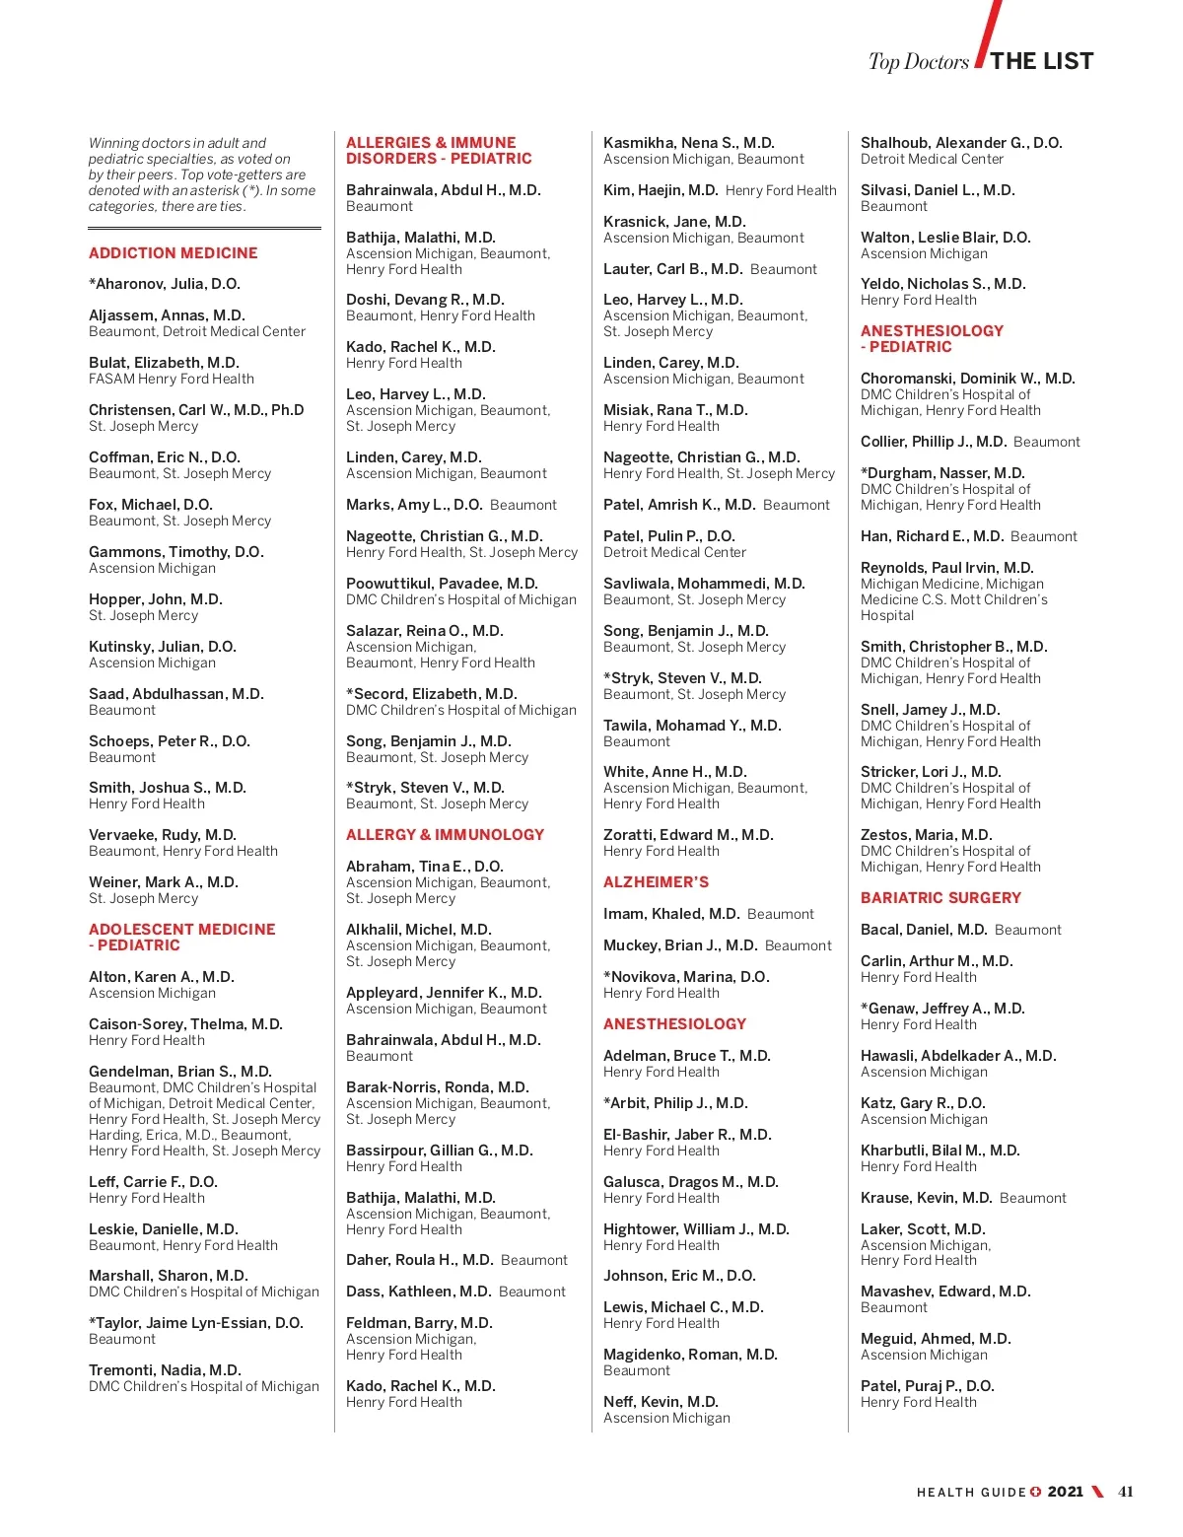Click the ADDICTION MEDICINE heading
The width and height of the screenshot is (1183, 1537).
pyautogui.click(x=174, y=253)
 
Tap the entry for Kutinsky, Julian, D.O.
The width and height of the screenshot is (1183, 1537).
pyautogui.click(x=163, y=647)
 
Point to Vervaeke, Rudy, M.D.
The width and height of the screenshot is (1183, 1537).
pyautogui.click(x=163, y=835)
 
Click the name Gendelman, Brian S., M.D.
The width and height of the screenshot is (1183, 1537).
pyautogui.click(x=180, y=1072)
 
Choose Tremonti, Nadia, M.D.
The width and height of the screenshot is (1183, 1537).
pyautogui.click(x=165, y=1370)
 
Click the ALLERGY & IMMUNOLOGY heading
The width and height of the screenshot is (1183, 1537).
pyautogui.click(x=445, y=835)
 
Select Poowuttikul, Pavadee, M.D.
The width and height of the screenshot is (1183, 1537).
pyautogui.click(x=442, y=584)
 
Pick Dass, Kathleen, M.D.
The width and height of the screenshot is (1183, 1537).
pyautogui.click(x=418, y=1292)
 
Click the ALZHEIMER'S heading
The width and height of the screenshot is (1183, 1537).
pyautogui.click(x=656, y=882)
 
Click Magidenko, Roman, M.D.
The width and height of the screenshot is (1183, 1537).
pyautogui.click(x=690, y=1355)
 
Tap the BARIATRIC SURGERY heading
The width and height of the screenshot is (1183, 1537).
pyautogui.click(x=940, y=898)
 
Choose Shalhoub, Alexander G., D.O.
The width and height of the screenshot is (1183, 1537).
pyautogui.click(x=961, y=143)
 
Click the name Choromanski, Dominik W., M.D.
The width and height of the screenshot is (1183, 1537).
pyautogui.click(x=968, y=379)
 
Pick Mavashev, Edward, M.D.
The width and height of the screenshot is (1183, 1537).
pyautogui.click(x=945, y=1292)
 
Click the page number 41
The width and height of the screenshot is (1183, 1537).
pyautogui.click(x=1126, y=1492)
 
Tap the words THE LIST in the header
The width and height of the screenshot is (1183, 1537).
pyautogui.click(x=1042, y=61)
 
